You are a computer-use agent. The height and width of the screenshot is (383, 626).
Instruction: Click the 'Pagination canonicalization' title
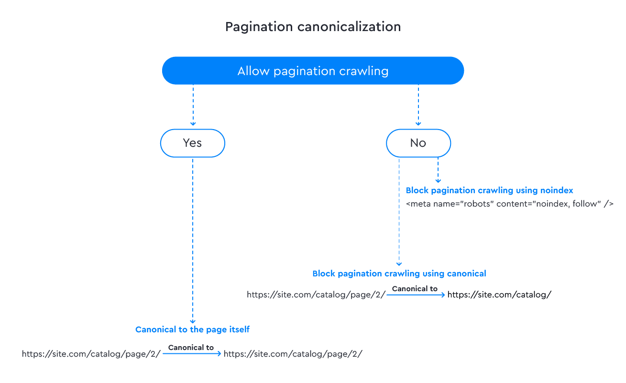click(x=313, y=27)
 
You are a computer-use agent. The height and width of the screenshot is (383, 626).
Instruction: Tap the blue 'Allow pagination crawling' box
click(x=313, y=71)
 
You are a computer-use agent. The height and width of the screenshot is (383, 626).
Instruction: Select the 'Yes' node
click(x=193, y=143)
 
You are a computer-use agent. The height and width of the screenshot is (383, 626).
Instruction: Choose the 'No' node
click(x=418, y=143)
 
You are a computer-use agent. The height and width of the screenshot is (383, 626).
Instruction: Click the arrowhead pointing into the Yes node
click(x=193, y=123)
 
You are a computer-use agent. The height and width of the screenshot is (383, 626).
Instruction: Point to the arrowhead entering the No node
click(x=418, y=123)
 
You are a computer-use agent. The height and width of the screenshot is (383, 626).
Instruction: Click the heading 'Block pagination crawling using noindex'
click(x=489, y=190)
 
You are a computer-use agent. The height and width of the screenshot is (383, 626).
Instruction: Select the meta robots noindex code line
click(x=510, y=204)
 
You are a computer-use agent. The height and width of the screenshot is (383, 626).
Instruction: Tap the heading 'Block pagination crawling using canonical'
click(x=399, y=274)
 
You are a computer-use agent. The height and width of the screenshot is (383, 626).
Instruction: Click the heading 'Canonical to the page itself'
click(x=192, y=329)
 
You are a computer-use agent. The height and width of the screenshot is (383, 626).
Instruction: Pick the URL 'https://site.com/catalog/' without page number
click(x=499, y=295)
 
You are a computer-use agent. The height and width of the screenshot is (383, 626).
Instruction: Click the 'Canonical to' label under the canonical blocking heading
click(x=415, y=289)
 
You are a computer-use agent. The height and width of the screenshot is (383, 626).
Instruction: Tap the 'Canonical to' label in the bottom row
click(x=191, y=348)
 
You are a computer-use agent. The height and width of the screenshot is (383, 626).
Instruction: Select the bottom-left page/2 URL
click(x=91, y=354)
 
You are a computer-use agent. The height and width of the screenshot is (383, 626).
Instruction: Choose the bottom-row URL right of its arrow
click(x=293, y=354)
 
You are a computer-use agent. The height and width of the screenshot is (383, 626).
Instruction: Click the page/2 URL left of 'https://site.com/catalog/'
click(x=316, y=295)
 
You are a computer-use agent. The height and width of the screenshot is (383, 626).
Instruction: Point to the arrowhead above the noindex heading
click(x=438, y=181)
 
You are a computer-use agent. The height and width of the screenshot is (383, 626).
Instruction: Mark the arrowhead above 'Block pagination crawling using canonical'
click(x=399, y=264)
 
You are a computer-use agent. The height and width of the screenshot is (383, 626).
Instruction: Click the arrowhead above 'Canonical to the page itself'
click(x=193, y=321)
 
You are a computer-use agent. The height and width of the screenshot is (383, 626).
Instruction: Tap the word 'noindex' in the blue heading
click(x=556, y=190)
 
